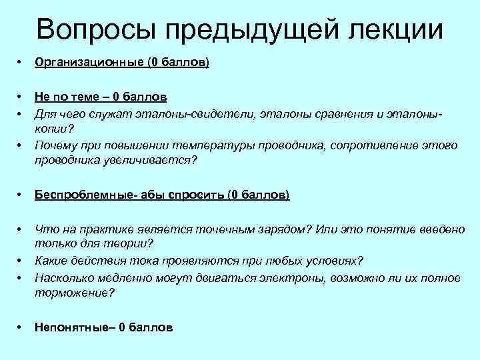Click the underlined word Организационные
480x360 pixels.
coord(89,63)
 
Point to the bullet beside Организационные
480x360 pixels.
coord(20,63)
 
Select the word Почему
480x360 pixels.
coord(56,145)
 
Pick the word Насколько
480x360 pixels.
coord(62,277)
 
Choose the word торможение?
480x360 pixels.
coord(75,293)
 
